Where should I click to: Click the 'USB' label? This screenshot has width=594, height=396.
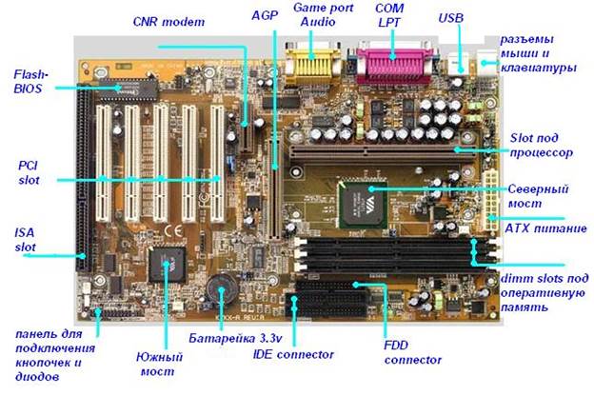point(451,18)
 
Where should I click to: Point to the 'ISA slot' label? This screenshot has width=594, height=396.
point(28,239)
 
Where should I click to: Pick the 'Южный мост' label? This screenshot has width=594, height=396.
point(159,365)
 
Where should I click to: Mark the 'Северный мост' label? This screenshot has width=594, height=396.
point(539,195)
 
